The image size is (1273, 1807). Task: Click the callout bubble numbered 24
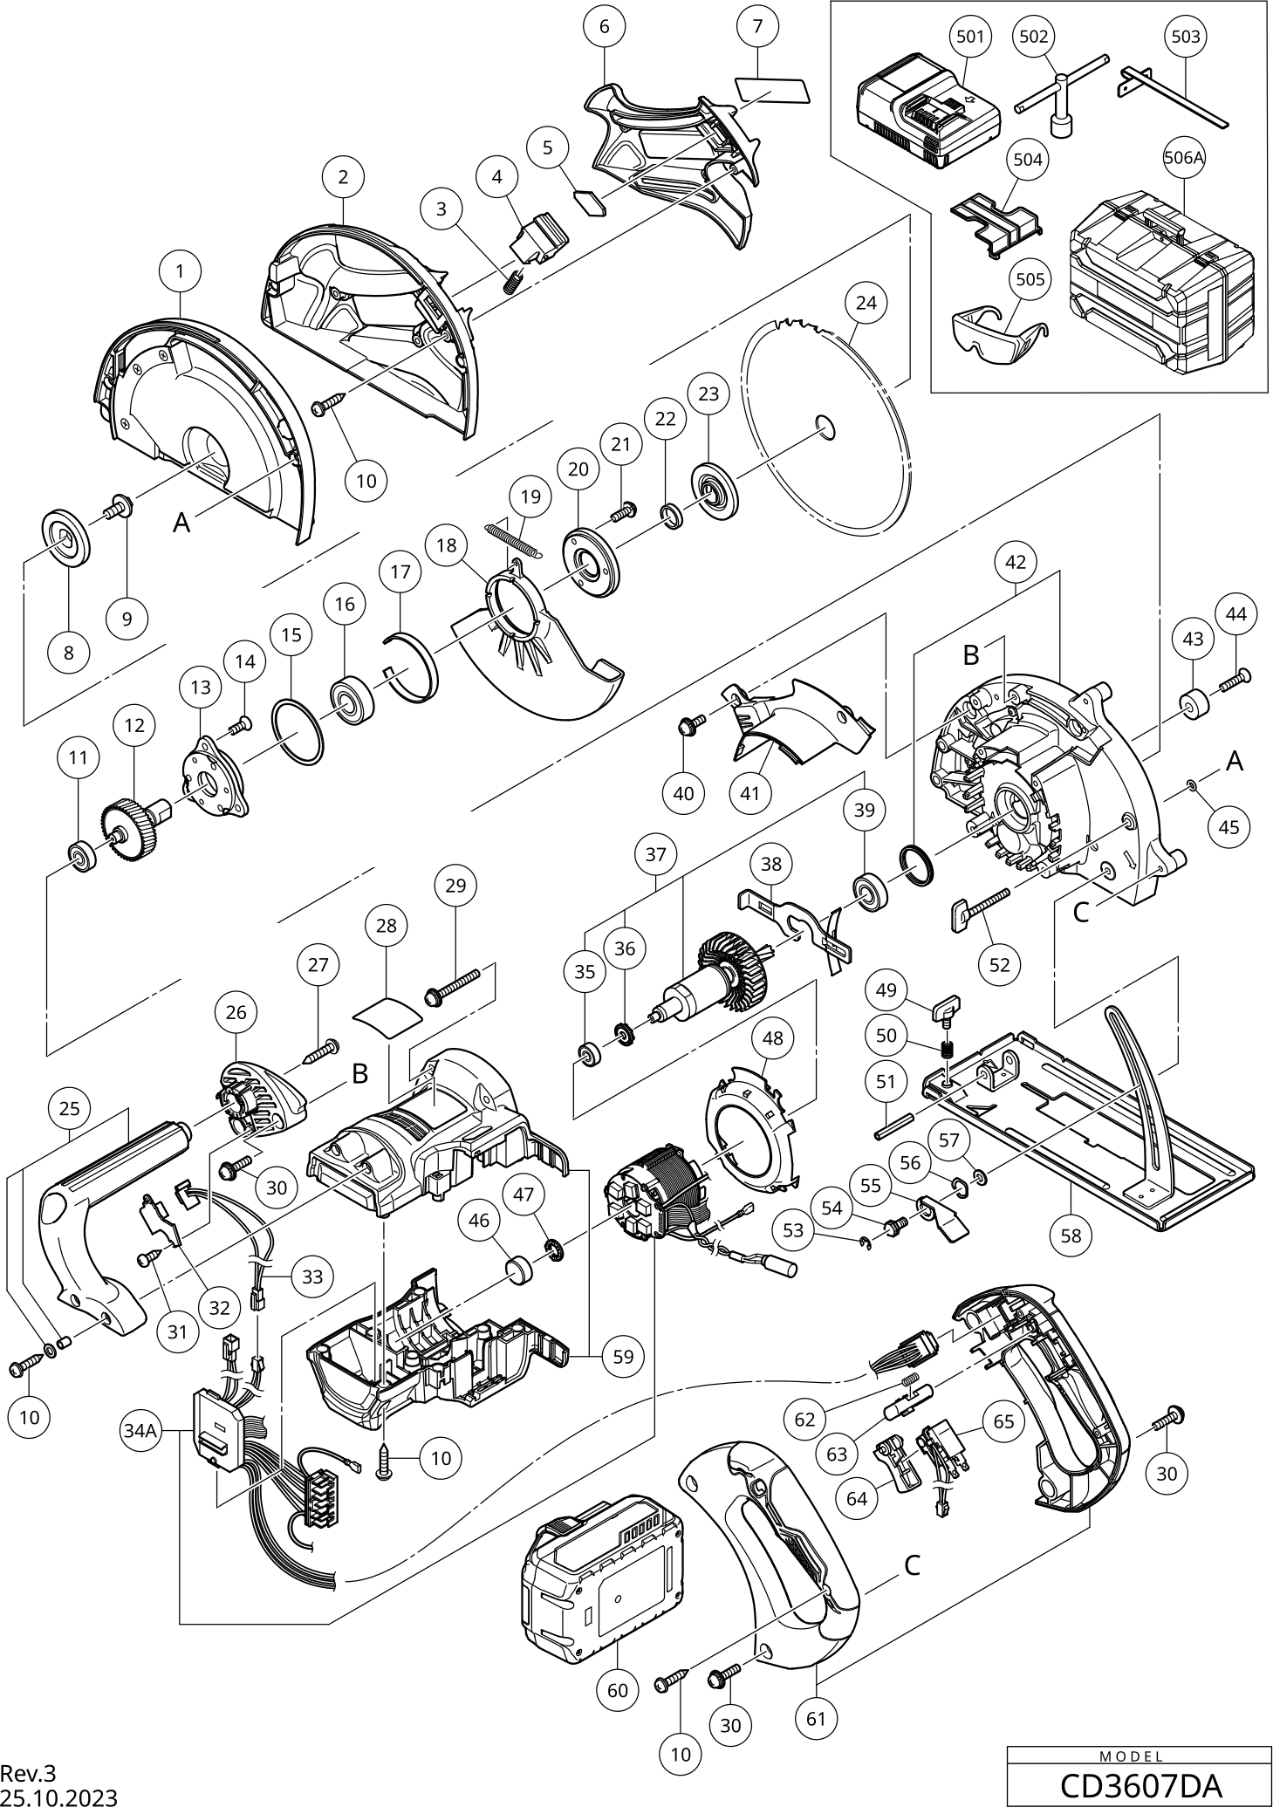tap(866, 303)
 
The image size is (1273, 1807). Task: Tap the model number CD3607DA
tap(1140, 1785)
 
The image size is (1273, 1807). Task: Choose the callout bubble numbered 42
tap(1016, 563)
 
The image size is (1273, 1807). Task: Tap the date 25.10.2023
tap(58, 1797)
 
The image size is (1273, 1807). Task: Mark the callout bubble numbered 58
tap(1071, 1235)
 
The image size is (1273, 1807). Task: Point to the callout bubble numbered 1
tap(180, 271)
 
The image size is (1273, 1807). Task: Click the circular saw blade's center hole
tap(825, 425)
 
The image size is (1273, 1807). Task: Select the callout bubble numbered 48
tap(772, 1038)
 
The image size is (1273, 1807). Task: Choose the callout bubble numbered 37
tap(656, 854)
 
